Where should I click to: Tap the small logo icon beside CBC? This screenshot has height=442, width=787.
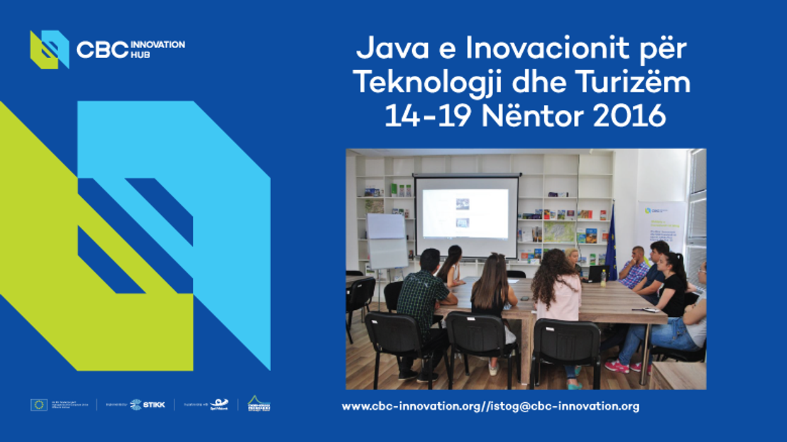click(x=49, y=49)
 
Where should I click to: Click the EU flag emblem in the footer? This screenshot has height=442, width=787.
click(x=39, y=405)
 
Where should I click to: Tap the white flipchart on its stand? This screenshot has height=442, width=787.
click(x=387, y=240)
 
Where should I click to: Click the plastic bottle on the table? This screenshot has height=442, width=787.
click(x=604, y=277)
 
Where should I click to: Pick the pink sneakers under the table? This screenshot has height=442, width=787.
click(x=618, y=365)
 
